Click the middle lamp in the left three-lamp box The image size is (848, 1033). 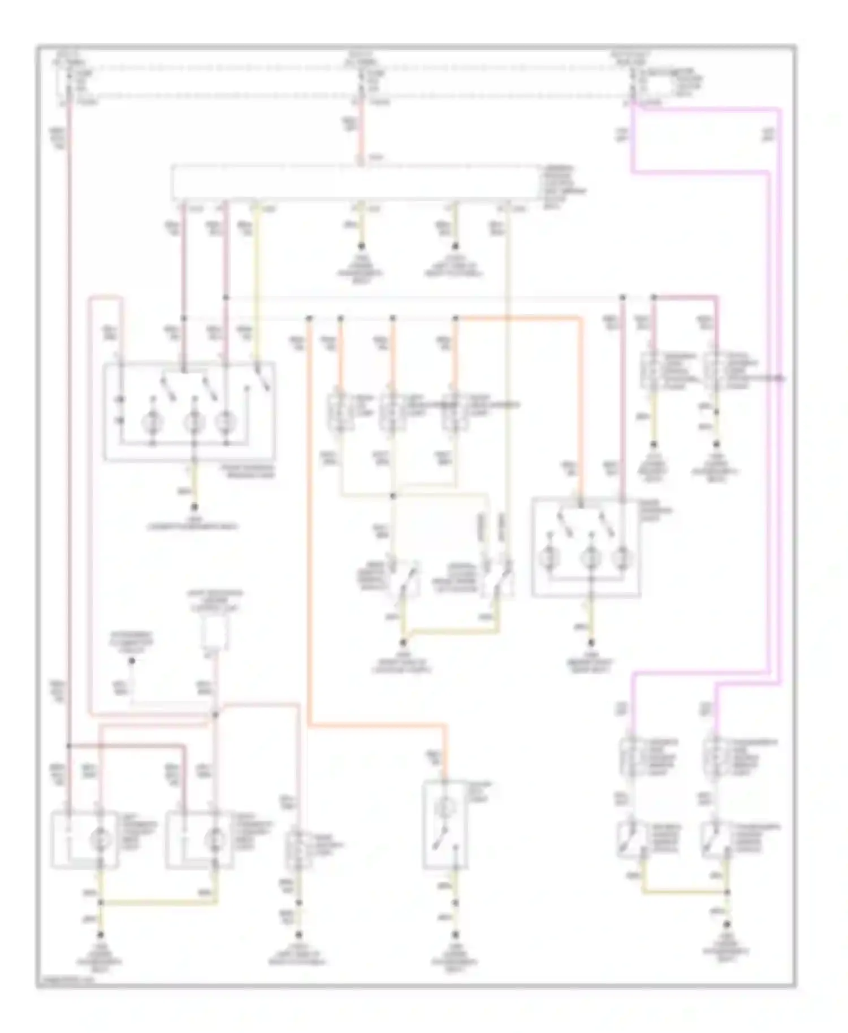[194, 422]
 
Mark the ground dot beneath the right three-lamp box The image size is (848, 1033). [591, 643]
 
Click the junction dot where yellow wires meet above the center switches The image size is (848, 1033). [393, 496]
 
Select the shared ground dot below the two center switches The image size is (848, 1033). [403, 643]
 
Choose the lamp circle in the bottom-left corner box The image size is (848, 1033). [100, 840]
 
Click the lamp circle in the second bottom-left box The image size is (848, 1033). [214, 840]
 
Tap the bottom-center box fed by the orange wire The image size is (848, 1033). [445, 826]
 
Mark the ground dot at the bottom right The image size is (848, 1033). [727, 924]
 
